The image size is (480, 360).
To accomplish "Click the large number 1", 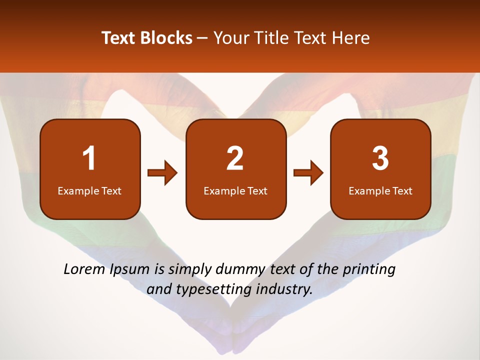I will click(x=89, y=158).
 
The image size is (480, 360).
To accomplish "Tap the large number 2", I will click(x=235, y=158).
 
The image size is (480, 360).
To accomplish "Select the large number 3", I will click(x=380, y=158).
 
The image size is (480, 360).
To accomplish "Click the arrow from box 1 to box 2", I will click(x=162, y=173).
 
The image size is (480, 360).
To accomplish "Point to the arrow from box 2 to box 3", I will click(x=308, y=173).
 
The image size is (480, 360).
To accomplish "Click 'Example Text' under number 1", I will click(x=89, y=191).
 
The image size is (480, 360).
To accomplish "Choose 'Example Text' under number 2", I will click(x=235, y=191).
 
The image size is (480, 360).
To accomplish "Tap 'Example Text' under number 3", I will click(x=380, y=191).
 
